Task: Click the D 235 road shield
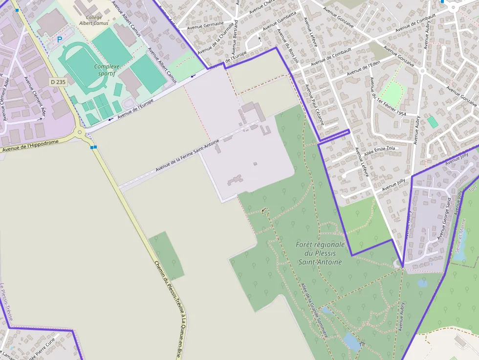pyautogui.click(x=58, y=82)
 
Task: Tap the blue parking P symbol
pyautogui.click(x=60, y=39)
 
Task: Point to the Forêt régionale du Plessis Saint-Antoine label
pyautogui.click(x=320, y=253)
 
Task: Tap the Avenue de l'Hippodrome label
pyautogui.click(x=30, y=146)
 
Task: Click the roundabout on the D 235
pyautogui.click(x=79, y=132)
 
